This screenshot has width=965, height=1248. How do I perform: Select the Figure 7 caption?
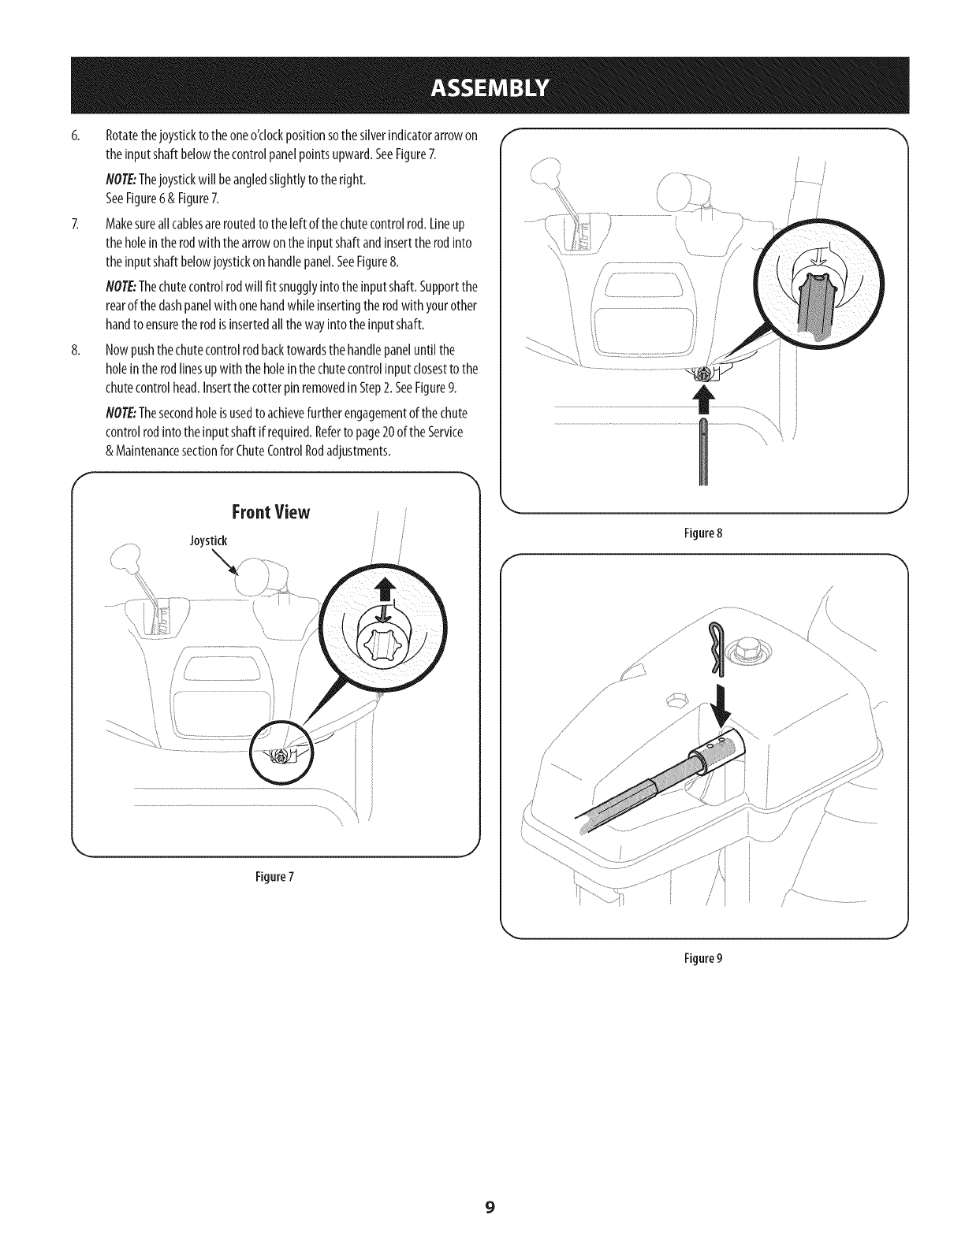[x=275, y=875]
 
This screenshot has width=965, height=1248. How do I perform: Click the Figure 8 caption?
[x=704, y=533]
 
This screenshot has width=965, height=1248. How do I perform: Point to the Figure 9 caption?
[x=704, y=959]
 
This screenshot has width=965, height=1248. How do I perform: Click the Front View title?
[x=270, y=513]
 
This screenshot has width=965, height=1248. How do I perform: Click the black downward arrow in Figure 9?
[x=719, y=704]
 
